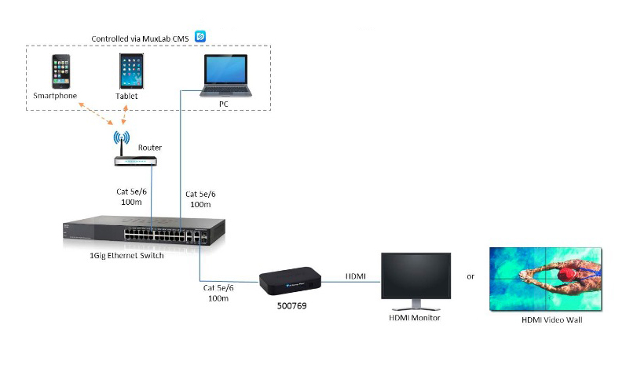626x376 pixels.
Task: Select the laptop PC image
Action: coord(228,76)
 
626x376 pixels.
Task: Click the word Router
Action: coord(150,147)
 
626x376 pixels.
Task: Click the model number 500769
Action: coord(291,303)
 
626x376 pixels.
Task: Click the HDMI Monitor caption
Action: coord(416,317)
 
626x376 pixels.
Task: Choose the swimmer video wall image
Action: coord(546,279)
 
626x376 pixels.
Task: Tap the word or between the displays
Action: coord(470,276)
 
